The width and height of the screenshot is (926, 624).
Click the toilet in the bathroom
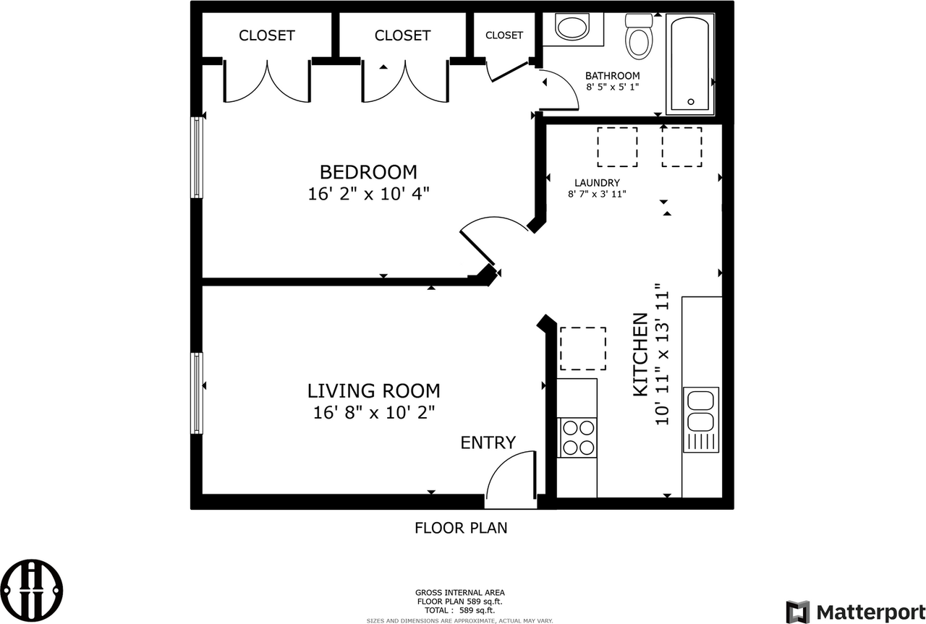tap(639, 38)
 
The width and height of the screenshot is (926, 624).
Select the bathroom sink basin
tap(573, 29)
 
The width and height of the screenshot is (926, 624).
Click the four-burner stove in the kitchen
tap(577, 437)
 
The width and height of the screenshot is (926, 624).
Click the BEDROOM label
tap(368, 172)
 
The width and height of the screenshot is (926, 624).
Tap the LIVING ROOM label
tap(373, 391)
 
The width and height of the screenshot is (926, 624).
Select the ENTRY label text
tap(488, 443)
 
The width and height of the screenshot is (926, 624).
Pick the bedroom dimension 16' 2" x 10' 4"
tap(368, 194)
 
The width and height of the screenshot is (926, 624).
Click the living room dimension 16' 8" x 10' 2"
tap(373, 412)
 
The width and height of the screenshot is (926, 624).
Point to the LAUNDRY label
tap(597, 183)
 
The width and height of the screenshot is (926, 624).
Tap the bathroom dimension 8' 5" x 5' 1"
tap(613, 87)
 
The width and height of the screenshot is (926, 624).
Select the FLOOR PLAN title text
tap(461, 528)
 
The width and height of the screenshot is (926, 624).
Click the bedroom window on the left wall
tap(196, 157)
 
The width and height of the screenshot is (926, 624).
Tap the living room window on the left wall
tap(196, 393)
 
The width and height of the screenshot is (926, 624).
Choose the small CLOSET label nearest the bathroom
tap(504, 35)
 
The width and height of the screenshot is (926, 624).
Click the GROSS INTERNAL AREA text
tap(459, 591)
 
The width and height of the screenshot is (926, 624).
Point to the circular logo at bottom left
tap(31, 589)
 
